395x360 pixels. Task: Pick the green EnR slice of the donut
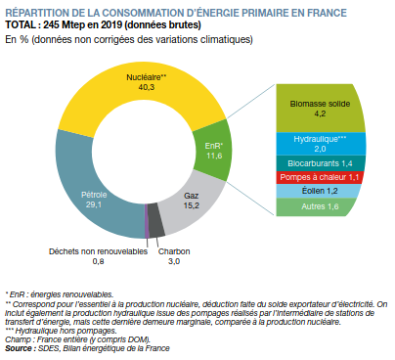click(213, 150)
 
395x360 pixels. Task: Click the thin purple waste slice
click(147, 221)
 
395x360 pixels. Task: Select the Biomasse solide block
click(321, 109)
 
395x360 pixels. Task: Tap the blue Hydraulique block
click(321, 144)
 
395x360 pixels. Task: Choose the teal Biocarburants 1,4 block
click(321, 163)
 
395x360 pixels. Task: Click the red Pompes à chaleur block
click(320, 177)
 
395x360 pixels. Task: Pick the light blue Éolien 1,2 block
click(319, 191)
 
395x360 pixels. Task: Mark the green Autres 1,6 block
click(317, 206)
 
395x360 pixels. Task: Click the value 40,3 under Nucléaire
click(147, 87)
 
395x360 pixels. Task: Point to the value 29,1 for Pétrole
click(94, 204)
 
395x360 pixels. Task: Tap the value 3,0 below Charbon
click(174, 261)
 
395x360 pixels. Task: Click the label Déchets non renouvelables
click(98, 251)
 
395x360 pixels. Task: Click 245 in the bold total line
click(51, 24)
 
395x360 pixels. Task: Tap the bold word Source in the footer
click(19, 348)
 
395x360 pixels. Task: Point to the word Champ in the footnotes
click(15, 340)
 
